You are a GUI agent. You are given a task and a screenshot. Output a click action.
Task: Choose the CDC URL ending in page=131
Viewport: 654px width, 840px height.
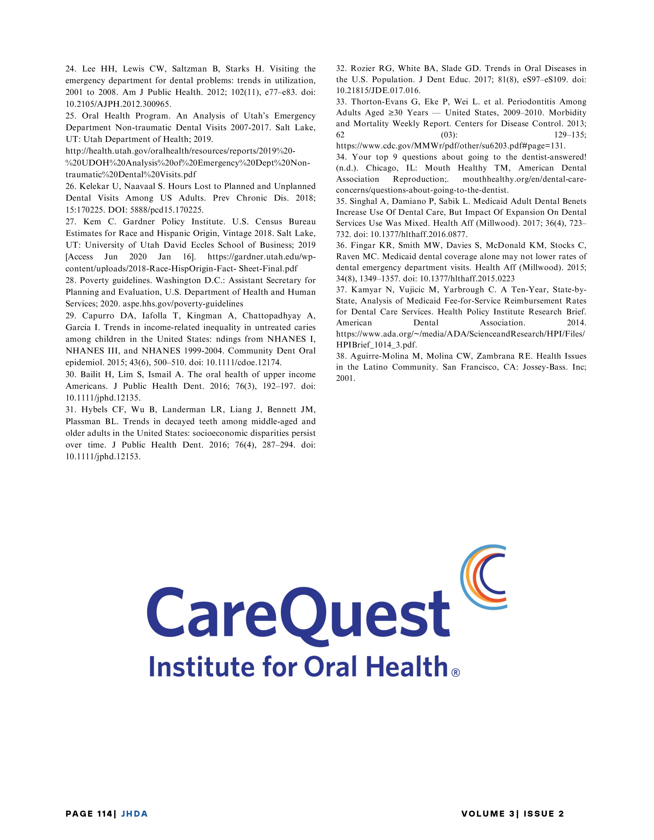pos(451,146)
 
